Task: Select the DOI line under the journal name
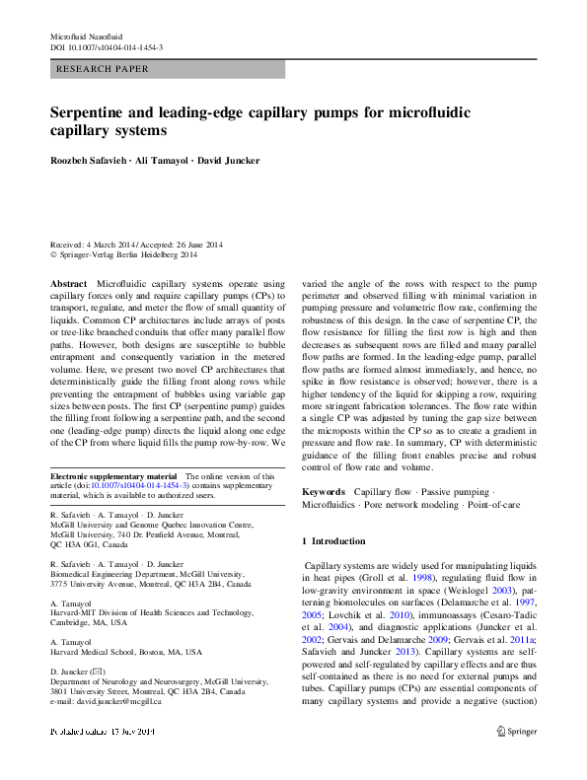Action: [107, 47]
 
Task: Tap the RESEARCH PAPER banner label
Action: [105, 69]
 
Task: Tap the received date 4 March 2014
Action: [114, 245]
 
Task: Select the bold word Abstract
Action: [68, 283]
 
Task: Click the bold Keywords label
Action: [323, 491]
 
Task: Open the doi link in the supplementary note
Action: [134, 486]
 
